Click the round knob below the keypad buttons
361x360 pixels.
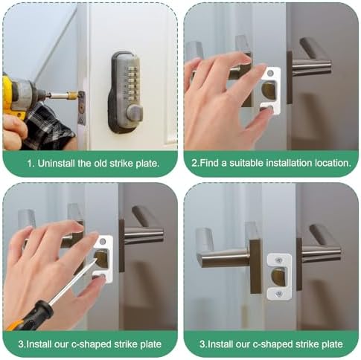(x=134, y=113)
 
